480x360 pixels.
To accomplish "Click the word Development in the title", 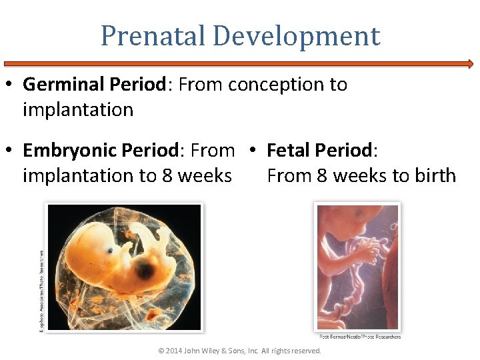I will (293, 36).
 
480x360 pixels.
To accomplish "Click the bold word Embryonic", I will (69, 151).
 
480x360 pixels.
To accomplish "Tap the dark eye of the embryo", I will (144, 270).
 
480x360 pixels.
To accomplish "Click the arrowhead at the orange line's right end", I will (470, 64).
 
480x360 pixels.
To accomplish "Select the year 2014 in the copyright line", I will (173, 351).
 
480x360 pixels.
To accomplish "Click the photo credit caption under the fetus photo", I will (360, 337).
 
